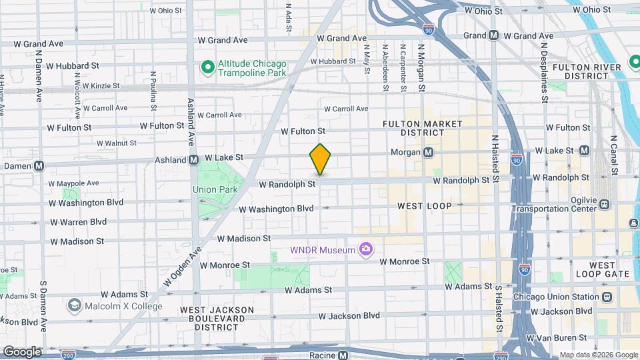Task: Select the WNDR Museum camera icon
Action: point(365,250)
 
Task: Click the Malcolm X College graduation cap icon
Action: point(74,306)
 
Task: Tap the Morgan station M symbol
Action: point(429,152)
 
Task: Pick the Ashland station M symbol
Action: point(194,159)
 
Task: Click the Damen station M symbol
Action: point(39,165)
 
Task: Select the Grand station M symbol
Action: point(493,35)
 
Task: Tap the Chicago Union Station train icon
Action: point(606,297)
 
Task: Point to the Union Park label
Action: point(215,189)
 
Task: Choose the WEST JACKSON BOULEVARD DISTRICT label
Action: point(217,319)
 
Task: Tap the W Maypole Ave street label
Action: point(73,183)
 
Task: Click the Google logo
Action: point(22,351)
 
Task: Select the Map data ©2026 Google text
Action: point(598,355)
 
